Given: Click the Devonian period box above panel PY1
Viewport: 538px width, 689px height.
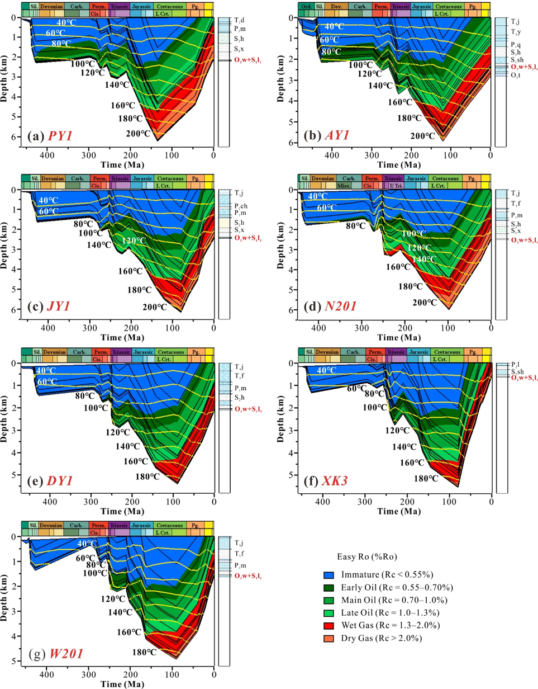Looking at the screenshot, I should (x=50, y=6).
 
